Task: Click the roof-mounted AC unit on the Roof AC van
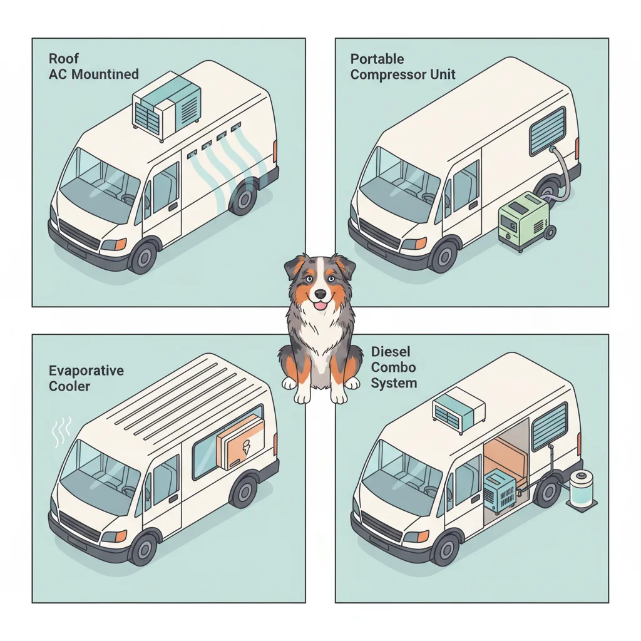[x=167, y=105]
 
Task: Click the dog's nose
[x=320, y=293]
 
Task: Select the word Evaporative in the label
[x=86, y=371]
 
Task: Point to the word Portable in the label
[x=377, y=59]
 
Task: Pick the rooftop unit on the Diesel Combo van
[x=459, y=409]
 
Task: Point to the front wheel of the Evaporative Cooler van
[x=144, y=548]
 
